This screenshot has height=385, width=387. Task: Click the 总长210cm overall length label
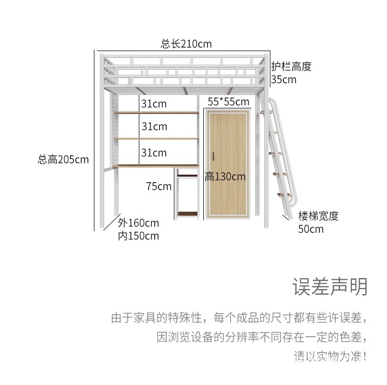coord(186,44)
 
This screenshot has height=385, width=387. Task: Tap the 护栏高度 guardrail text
coord(292,67)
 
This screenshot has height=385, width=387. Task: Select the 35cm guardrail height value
coord(284,79)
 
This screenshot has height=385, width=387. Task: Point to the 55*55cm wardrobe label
coord(228,102)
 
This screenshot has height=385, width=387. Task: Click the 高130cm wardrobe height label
coord(225,177)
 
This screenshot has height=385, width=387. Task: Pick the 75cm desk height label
coord(158,186)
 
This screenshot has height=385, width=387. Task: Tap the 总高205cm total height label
coord(63,159)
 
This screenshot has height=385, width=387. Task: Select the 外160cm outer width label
coord(138,223)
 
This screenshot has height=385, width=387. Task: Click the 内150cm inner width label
coord(138,236)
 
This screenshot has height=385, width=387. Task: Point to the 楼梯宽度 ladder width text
coord(318,216)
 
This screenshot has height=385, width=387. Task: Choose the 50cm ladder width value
coord(311,229)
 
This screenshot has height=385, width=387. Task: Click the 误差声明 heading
coord(330,287)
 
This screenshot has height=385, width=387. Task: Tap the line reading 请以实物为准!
coord(330,356)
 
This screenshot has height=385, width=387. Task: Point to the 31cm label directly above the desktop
coord(154,153)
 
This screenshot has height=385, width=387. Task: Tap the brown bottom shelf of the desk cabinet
coord(187,213)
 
